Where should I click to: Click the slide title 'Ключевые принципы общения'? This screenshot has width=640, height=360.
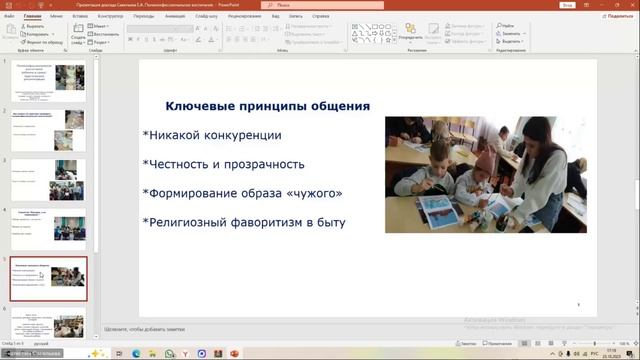267,106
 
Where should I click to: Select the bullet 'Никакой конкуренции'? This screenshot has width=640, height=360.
213,135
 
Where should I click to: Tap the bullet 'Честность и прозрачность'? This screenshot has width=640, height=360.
225,164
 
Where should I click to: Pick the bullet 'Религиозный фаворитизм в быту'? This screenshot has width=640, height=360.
245,222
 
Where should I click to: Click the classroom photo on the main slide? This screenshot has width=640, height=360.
485,174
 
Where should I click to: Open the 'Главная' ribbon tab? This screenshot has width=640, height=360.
32,16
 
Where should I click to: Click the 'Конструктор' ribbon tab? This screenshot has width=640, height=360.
110,16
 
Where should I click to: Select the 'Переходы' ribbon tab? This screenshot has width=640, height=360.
144,16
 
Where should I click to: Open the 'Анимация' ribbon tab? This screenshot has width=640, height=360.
175,16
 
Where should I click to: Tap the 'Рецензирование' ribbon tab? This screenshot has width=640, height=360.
244,16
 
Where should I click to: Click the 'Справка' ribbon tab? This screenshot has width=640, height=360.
320,16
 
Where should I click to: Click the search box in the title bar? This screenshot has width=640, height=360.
330,5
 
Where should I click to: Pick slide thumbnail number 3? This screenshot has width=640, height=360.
48,179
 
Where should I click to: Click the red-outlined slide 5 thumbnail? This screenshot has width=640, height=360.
48,278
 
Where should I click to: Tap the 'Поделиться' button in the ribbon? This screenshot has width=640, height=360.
612,16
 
